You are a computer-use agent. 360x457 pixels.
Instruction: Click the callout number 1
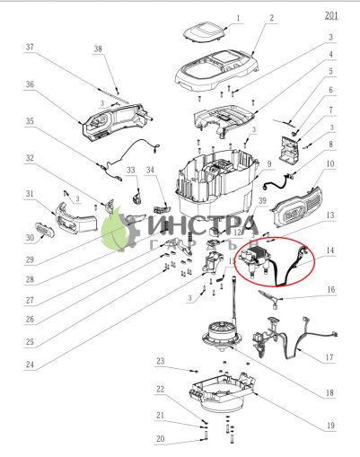click(x=237, y=17)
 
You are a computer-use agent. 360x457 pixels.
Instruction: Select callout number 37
click(x=30, y=47)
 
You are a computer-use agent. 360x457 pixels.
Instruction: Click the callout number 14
click(x=330, y=252)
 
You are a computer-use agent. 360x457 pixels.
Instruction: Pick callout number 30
click(x=30, y=237)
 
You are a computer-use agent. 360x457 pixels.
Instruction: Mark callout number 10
click(x=330, y=163)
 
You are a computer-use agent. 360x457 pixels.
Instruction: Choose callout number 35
click(x=30, y=120)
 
